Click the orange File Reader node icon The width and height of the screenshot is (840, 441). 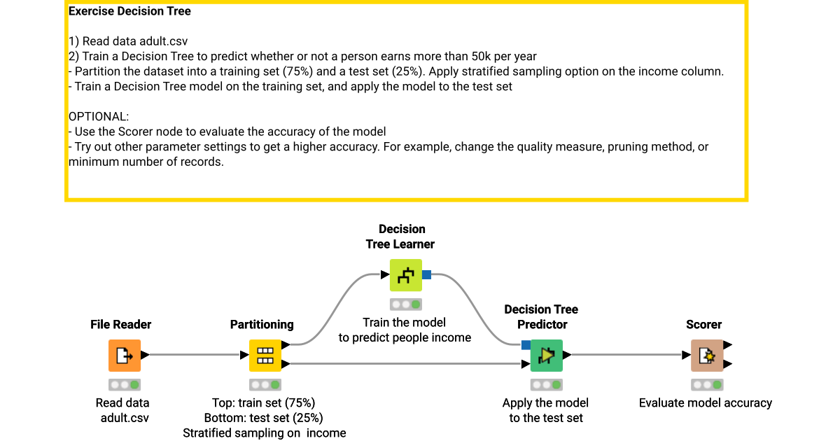tap(125, 356)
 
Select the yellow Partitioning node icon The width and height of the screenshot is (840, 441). tap(265, 356)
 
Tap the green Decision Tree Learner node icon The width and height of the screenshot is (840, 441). tap(406, 275)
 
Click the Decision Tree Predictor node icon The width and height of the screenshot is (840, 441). tap(546, 356)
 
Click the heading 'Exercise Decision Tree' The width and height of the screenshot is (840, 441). tap(129, 11)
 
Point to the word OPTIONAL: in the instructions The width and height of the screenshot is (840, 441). tap(99, 117)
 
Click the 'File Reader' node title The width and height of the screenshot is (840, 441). tap(121, 325)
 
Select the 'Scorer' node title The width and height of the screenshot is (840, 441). tap(704, 325)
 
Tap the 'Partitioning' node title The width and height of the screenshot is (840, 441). tap(262, 325)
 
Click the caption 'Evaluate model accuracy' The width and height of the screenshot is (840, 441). tap(706, 403)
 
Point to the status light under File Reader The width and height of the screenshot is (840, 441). tap(125, 385)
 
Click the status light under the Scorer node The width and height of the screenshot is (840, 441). tap(707, 385)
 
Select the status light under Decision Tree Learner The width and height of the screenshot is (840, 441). tap(406, 304)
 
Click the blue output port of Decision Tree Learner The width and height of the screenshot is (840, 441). tap(426, 275)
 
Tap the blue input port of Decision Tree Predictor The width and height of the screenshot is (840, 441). tap(526, 344)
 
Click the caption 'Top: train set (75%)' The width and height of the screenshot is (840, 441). tap(264, 403)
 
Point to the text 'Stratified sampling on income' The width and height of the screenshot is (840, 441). tap(265, 433)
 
